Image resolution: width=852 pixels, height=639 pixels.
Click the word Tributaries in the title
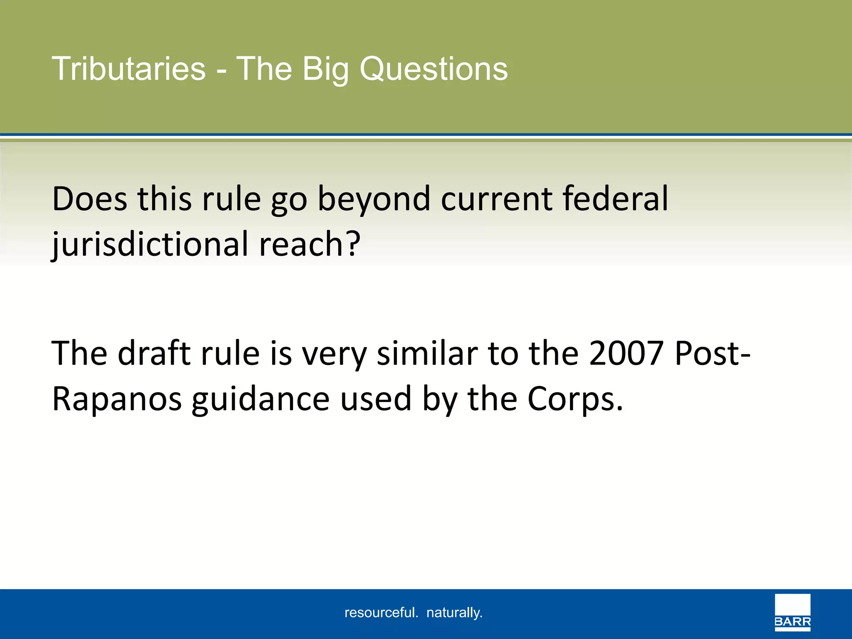(129, 69)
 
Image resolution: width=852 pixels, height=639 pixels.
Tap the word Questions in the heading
(433, 69)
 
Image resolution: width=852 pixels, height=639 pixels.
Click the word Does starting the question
(89, 199)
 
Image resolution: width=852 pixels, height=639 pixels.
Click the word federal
(615, 199)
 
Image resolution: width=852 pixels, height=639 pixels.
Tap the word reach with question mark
(310, 245)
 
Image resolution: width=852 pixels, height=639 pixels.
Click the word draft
(154, 354)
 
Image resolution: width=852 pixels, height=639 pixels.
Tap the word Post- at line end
(712, 354)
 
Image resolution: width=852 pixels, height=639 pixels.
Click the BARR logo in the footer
(793, 613)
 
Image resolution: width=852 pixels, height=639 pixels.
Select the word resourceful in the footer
(381, 612)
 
